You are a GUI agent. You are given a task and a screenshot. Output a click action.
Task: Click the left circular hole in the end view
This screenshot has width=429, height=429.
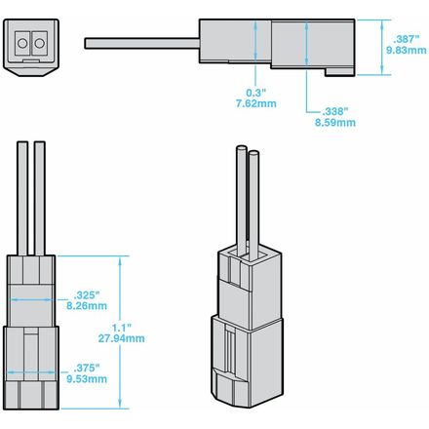tap(22, 43)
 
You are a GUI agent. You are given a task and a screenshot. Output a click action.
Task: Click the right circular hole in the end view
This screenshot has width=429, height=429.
tap(40, 43)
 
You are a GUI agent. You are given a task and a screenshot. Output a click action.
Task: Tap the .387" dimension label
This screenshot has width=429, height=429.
tap(406, 39)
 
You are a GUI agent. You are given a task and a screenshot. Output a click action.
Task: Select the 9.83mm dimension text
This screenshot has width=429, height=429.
tap(407, 51)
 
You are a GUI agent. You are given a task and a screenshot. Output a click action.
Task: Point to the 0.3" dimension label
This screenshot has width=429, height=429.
tap(256, 93)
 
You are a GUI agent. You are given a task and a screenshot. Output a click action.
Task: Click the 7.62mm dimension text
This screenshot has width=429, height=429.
tap(256, 103)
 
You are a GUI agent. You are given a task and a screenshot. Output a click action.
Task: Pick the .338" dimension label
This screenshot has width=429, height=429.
tap(335, 112)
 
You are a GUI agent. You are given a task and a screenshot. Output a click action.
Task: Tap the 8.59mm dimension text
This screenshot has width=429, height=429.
tap(335, 123)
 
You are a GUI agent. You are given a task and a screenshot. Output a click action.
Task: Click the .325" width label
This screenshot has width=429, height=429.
tap(87, 295)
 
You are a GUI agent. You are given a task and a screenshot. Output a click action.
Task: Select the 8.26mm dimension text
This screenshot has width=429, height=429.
tap(87, 306)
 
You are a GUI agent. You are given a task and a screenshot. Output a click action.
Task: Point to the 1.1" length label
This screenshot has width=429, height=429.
tap(122, 328)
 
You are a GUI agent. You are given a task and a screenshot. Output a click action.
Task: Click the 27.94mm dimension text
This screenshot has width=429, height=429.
tap(122, 338)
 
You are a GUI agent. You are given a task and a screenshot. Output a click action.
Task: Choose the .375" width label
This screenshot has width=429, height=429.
tap(87, 369)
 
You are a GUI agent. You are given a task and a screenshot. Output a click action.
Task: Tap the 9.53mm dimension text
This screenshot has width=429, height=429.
tap(87, 379)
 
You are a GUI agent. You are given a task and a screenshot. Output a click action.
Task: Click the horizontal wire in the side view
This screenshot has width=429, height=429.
tap(142, 44)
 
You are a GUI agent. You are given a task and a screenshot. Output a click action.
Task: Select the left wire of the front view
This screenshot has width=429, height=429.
tap(22, 198)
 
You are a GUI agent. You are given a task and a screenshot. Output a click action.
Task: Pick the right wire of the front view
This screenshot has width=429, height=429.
tap(40, 198)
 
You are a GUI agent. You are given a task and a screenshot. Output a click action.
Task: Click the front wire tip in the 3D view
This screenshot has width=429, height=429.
tap(253, 152)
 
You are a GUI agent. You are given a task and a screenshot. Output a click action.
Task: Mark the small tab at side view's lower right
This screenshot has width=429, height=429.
tap(339, 72)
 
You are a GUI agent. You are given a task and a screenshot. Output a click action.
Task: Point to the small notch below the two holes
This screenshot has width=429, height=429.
tap(31, 60)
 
